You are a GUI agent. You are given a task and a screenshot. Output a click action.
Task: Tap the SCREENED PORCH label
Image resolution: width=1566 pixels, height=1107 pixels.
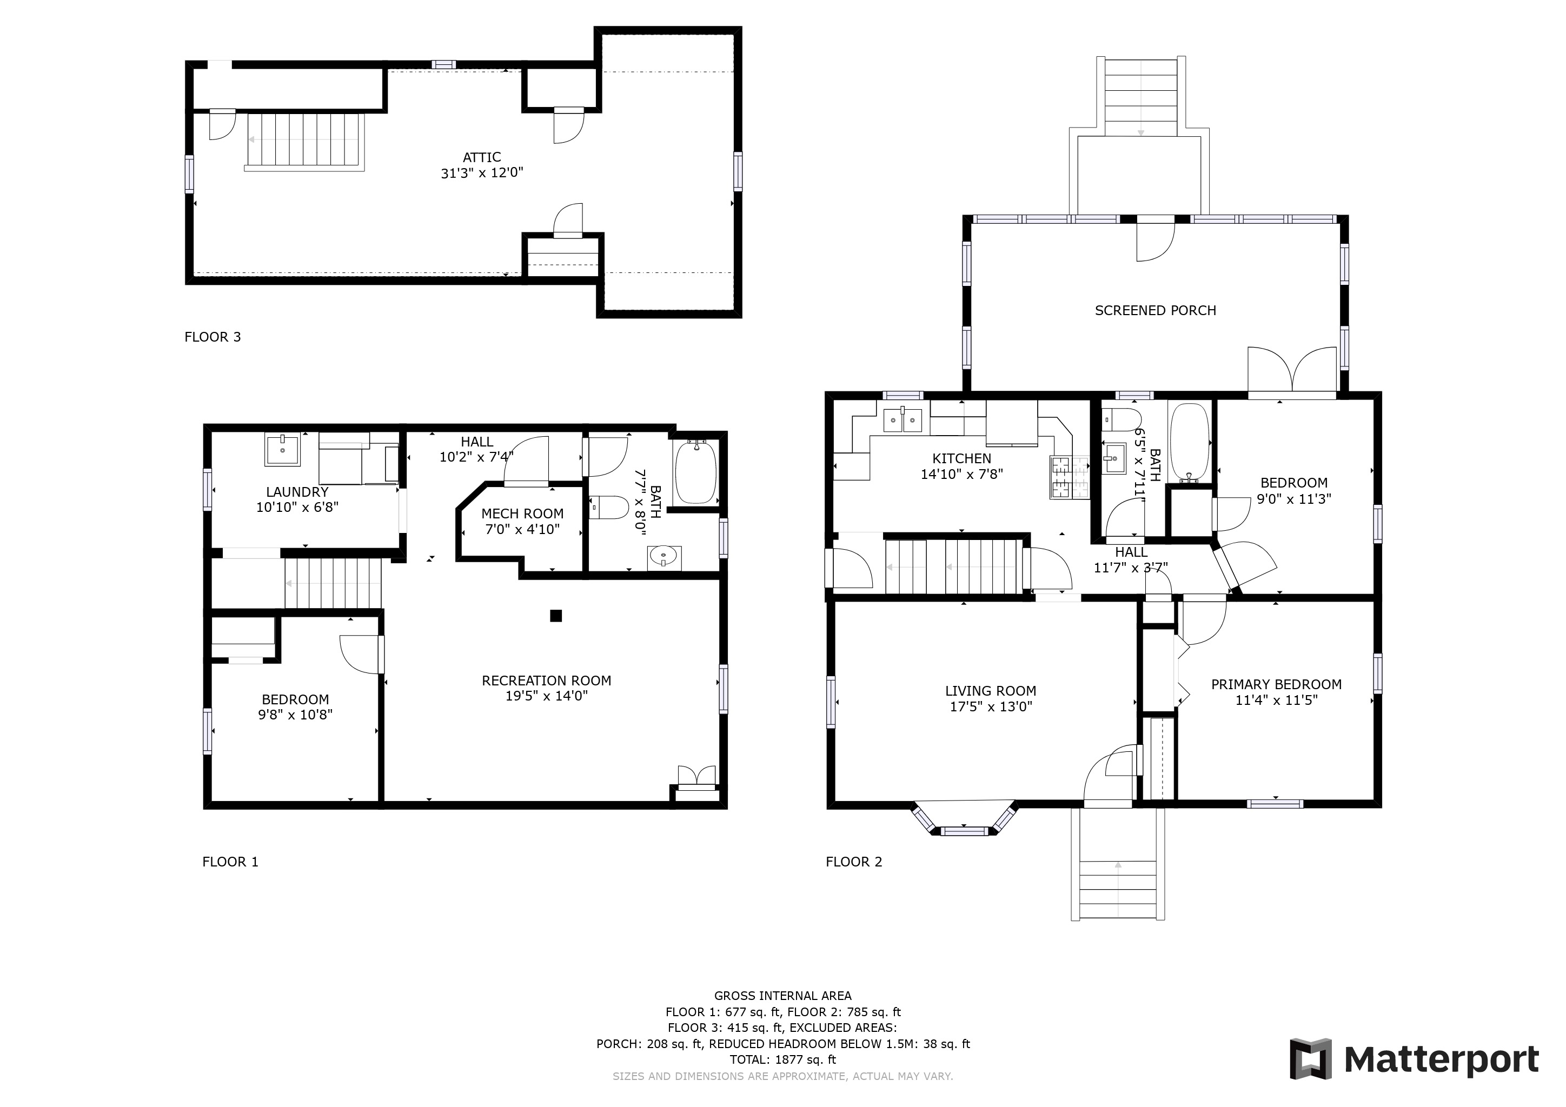tap(1156, 311)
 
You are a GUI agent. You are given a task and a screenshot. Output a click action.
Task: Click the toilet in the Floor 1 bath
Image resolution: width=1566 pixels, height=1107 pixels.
tap(608, 508)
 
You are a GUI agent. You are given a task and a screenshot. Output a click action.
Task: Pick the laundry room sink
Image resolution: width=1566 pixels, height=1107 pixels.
tap(282, 450)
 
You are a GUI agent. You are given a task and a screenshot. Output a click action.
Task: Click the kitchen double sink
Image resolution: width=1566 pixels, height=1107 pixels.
tap(903, 421)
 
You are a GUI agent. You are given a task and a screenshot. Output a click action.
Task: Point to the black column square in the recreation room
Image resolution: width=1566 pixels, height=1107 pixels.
tap(556, 616)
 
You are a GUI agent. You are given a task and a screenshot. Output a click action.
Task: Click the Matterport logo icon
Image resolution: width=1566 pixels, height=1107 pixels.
tap(1310, 1059)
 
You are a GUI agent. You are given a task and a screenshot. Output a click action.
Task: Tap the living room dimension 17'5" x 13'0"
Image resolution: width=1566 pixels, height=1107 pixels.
tap(991, 707)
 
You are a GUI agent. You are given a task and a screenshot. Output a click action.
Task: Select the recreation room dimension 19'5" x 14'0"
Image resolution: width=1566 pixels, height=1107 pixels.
tap(546, 696)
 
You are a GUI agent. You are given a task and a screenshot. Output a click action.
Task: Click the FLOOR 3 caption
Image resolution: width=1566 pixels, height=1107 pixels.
tap(213, 337)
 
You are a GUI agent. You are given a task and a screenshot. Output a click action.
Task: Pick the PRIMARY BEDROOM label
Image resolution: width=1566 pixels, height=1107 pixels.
tap(1276, 684)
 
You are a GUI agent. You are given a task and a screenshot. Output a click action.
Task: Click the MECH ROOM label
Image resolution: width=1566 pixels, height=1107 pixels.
tap(522, 514)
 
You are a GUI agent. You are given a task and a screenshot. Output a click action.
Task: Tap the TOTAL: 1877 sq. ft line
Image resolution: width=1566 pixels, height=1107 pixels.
tap(783, 1060)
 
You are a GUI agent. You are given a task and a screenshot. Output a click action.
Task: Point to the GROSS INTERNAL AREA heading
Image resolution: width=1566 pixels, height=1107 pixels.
tap(783, 996)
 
